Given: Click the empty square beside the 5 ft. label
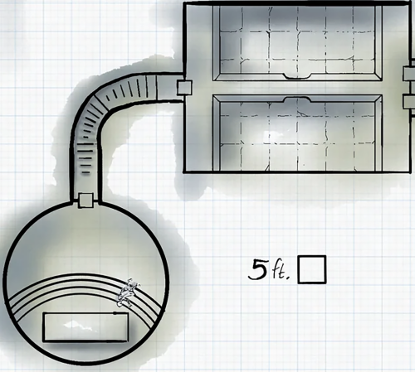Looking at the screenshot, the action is (312, 270).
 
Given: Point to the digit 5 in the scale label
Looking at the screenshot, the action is (257, 269).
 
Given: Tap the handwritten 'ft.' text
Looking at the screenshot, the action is (281, 271).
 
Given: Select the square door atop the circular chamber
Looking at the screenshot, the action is (85, 200).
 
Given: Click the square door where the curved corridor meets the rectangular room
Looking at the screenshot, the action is (184, 88).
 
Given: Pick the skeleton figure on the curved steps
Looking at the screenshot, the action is (128, 293).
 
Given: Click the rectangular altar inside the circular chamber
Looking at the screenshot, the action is (85, 327).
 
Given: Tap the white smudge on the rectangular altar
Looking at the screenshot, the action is (78, 325).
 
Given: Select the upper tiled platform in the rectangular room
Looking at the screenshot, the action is (297, 43).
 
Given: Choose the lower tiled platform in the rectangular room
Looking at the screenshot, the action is (297, 133).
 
